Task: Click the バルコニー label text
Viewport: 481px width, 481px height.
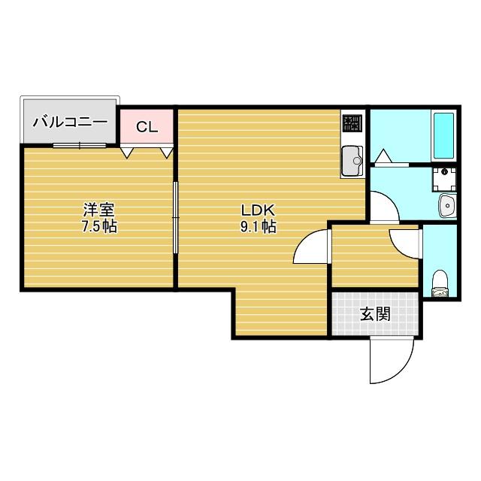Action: tap(70, 121)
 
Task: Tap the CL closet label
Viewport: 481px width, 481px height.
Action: tap(147, 126)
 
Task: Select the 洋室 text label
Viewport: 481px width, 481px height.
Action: tap(98, 210)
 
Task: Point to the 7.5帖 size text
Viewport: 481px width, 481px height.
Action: tap(98, 226)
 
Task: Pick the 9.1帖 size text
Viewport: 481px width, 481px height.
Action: tap(258, 226)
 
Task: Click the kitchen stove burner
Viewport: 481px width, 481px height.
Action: tap(352, 123)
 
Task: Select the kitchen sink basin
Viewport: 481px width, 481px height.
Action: tap(351, 159)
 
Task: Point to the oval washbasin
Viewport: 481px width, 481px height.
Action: tap(446, 204)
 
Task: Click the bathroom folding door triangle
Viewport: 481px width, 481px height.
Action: tap(384, 156)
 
